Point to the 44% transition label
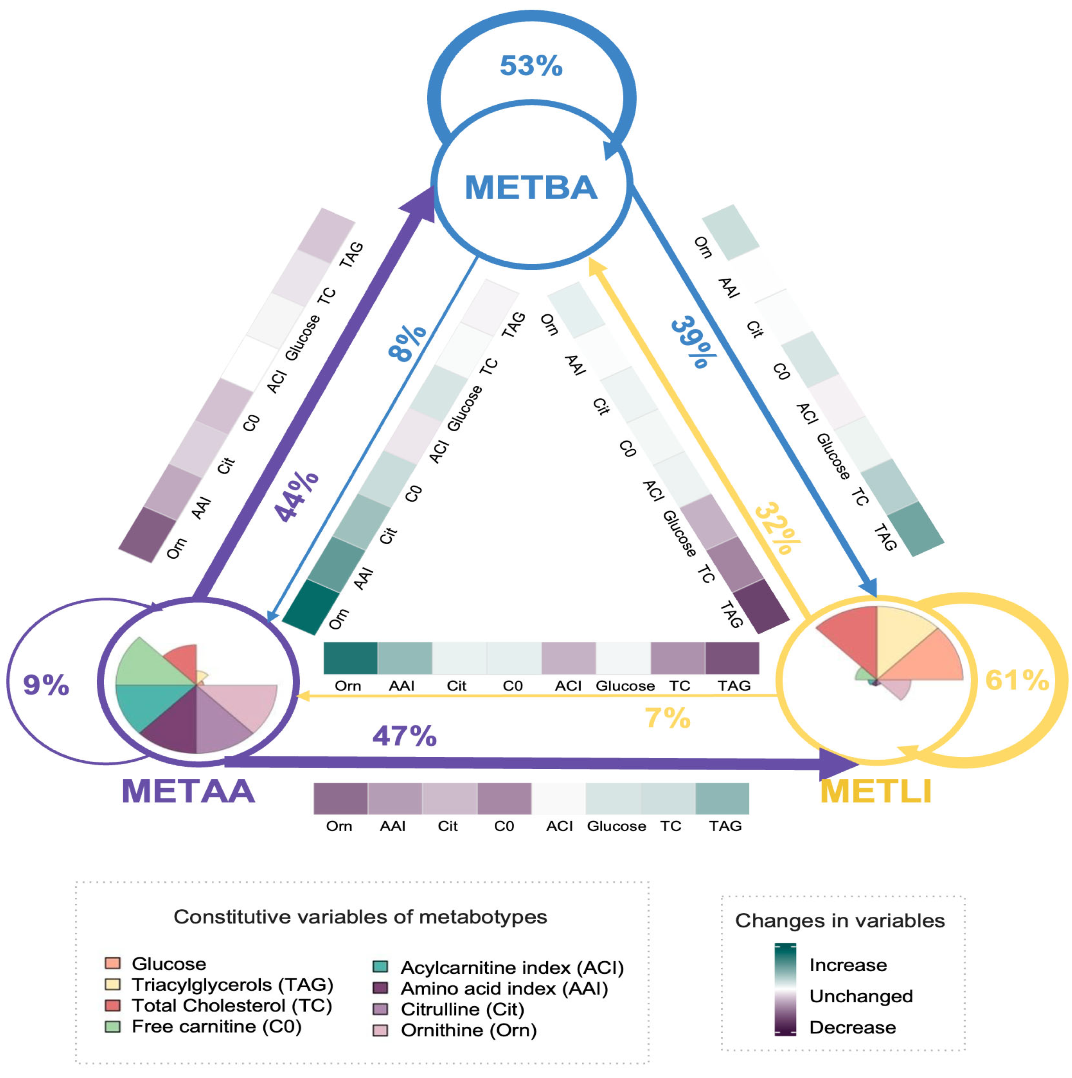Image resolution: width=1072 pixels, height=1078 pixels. point(296,496)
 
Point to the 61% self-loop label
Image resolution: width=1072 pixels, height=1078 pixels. point(1017,680)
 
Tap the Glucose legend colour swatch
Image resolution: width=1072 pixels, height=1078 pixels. point(113,963)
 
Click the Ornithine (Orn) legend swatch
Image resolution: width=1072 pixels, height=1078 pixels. point(380,1030)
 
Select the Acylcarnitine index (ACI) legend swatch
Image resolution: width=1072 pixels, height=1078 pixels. point(380,967)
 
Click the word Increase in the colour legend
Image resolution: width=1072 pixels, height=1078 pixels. point(848,965)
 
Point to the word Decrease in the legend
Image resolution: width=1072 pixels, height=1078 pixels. point(852,1027)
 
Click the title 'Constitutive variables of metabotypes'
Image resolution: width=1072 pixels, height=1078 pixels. point(360,917)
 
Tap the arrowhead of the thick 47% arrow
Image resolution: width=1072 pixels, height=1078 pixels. point(837,764)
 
